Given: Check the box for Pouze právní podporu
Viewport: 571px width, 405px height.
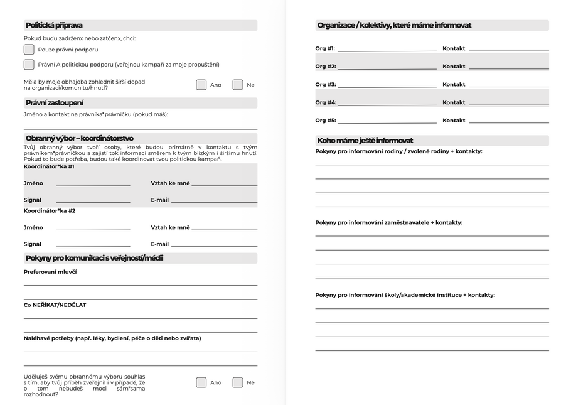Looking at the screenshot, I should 29,49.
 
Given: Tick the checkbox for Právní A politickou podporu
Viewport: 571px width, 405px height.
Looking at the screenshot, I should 29,64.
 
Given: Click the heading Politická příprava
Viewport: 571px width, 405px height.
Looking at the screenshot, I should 54,26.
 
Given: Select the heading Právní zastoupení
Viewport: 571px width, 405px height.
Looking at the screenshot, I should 55,103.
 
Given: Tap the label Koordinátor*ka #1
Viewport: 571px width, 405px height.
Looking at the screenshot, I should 49,166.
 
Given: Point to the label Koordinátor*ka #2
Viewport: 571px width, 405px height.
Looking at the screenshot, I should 49,211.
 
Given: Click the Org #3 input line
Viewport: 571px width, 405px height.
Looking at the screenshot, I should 387,85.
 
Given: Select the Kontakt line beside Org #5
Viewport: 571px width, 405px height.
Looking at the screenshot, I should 508,121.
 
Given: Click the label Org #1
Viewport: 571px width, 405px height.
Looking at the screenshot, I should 325,48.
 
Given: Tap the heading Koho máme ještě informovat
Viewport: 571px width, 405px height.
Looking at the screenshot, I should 365,141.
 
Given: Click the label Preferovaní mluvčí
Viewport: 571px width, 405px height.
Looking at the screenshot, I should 50,271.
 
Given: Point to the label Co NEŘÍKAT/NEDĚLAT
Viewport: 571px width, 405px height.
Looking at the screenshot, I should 55,305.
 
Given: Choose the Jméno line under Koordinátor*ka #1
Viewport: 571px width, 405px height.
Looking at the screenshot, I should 93,184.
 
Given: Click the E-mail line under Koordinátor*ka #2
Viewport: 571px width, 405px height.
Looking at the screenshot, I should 214,245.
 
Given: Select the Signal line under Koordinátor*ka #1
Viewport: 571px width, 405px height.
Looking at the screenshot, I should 93,201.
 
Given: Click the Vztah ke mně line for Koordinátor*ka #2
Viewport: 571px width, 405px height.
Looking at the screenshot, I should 224,229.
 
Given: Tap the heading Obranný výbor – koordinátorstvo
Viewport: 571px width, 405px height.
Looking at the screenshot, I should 79,138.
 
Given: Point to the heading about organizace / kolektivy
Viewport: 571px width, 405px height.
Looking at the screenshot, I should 394,26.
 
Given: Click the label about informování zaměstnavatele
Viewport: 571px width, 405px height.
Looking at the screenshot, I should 388,222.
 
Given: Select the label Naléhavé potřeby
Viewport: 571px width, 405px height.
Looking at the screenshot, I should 112,338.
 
